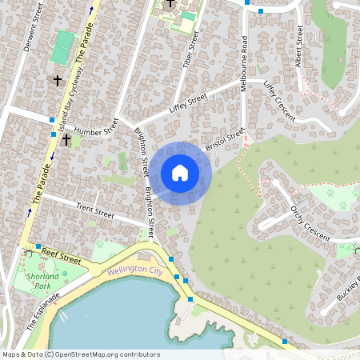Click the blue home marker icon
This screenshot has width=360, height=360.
pyautogui.click(x=180, y=173)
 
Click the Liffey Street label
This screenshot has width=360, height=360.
pyautogui.click(x=188, y=102)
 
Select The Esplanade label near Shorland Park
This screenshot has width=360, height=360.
pyautogui.click(x=42, y=311)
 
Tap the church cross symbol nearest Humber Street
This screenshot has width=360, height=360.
pyautogui.click(x=66, y=141)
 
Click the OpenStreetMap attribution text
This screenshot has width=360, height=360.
pyautogui.click(x=80, y=354)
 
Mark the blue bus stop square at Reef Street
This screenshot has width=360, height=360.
pyautogui.click(x=38, y=246)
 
